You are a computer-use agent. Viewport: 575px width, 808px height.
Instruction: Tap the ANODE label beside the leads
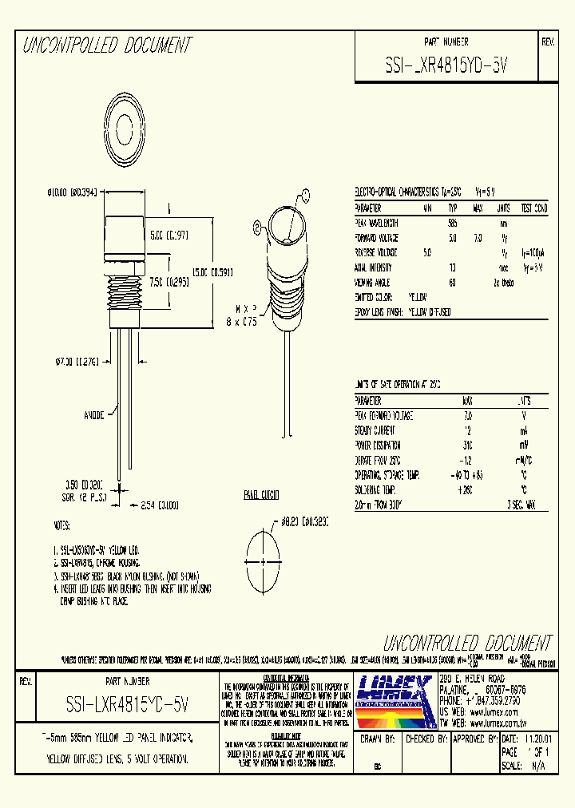95,414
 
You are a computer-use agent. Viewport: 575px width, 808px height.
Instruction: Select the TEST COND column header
533,208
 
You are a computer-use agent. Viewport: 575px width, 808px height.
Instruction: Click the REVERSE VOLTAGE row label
378,252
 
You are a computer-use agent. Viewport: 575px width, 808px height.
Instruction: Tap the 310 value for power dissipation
467,445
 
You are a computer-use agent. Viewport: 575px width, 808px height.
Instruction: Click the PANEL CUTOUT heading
261,496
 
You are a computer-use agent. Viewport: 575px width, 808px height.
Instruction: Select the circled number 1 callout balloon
305,193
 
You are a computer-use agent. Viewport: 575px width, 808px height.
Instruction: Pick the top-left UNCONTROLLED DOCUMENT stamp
107,46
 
